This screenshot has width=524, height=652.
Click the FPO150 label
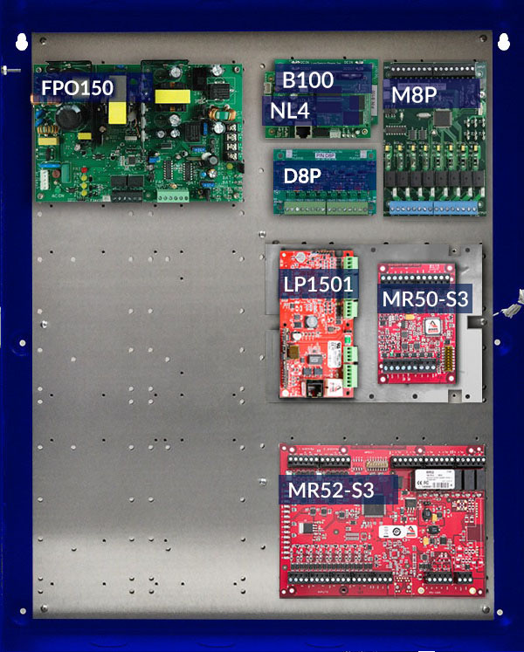[x=78, y=88]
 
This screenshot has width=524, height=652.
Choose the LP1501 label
[x=318, y=284]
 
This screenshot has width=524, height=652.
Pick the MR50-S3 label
[x=425, y=299]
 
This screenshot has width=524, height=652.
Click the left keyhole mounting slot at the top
[x=19, y=41]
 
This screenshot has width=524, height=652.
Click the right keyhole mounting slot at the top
[x=503, y=41]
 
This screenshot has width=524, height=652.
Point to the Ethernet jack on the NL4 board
[x=305, y=131]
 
